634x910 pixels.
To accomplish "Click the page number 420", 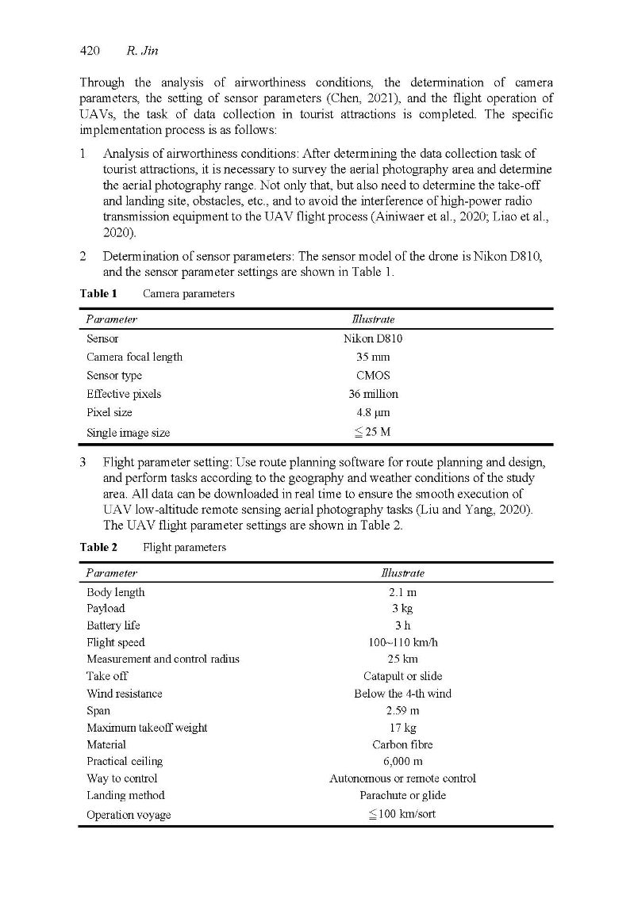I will [x=89, y=52].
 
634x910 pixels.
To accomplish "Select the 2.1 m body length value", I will [x=403, y=592].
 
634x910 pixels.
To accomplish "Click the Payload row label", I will [x=106, y=609].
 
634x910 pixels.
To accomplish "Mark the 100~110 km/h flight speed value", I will [x=403, y=642].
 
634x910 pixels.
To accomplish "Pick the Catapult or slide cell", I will [x=403, y=676].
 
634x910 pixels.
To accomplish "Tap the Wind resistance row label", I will [x=124, y=694].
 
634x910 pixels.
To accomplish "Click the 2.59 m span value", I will [x=403, y=711].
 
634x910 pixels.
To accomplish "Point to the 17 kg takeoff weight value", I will [x=403, y=728].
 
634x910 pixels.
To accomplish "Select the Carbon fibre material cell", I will [x=403, y=744].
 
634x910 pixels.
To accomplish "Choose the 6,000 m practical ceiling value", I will [x=403, y=761].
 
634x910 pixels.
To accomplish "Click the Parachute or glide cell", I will [x=403, y=795].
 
